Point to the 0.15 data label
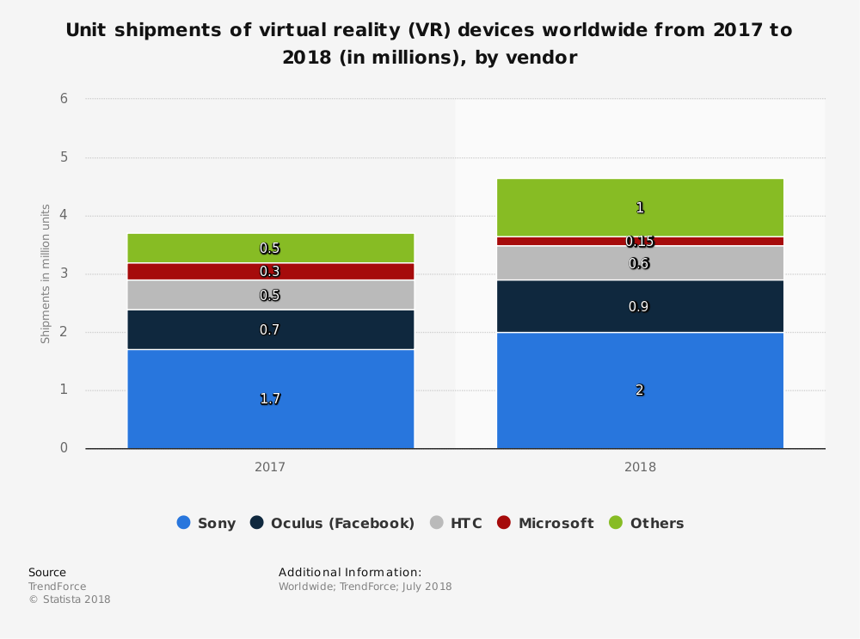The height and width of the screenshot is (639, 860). pos(640,242)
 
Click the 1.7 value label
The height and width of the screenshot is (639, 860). pos(270,399)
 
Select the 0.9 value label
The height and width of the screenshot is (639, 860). pos(640,306)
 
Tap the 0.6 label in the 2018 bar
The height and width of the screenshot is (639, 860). pos(640,264)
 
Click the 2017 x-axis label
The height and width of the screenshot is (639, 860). pos(270,468)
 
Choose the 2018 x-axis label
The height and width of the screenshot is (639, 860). pos(640,468)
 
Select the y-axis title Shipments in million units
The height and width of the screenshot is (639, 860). pos(46,273)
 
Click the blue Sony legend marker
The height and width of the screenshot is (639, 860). pos(183,523)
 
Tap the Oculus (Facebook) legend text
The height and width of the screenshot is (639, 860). pos(342,523)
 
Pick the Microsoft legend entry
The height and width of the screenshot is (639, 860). pos(556,523)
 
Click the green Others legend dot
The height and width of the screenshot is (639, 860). pos(616,523)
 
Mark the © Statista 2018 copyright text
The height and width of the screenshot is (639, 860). pos(70,599)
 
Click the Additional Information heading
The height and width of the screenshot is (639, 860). pos(350,572)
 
